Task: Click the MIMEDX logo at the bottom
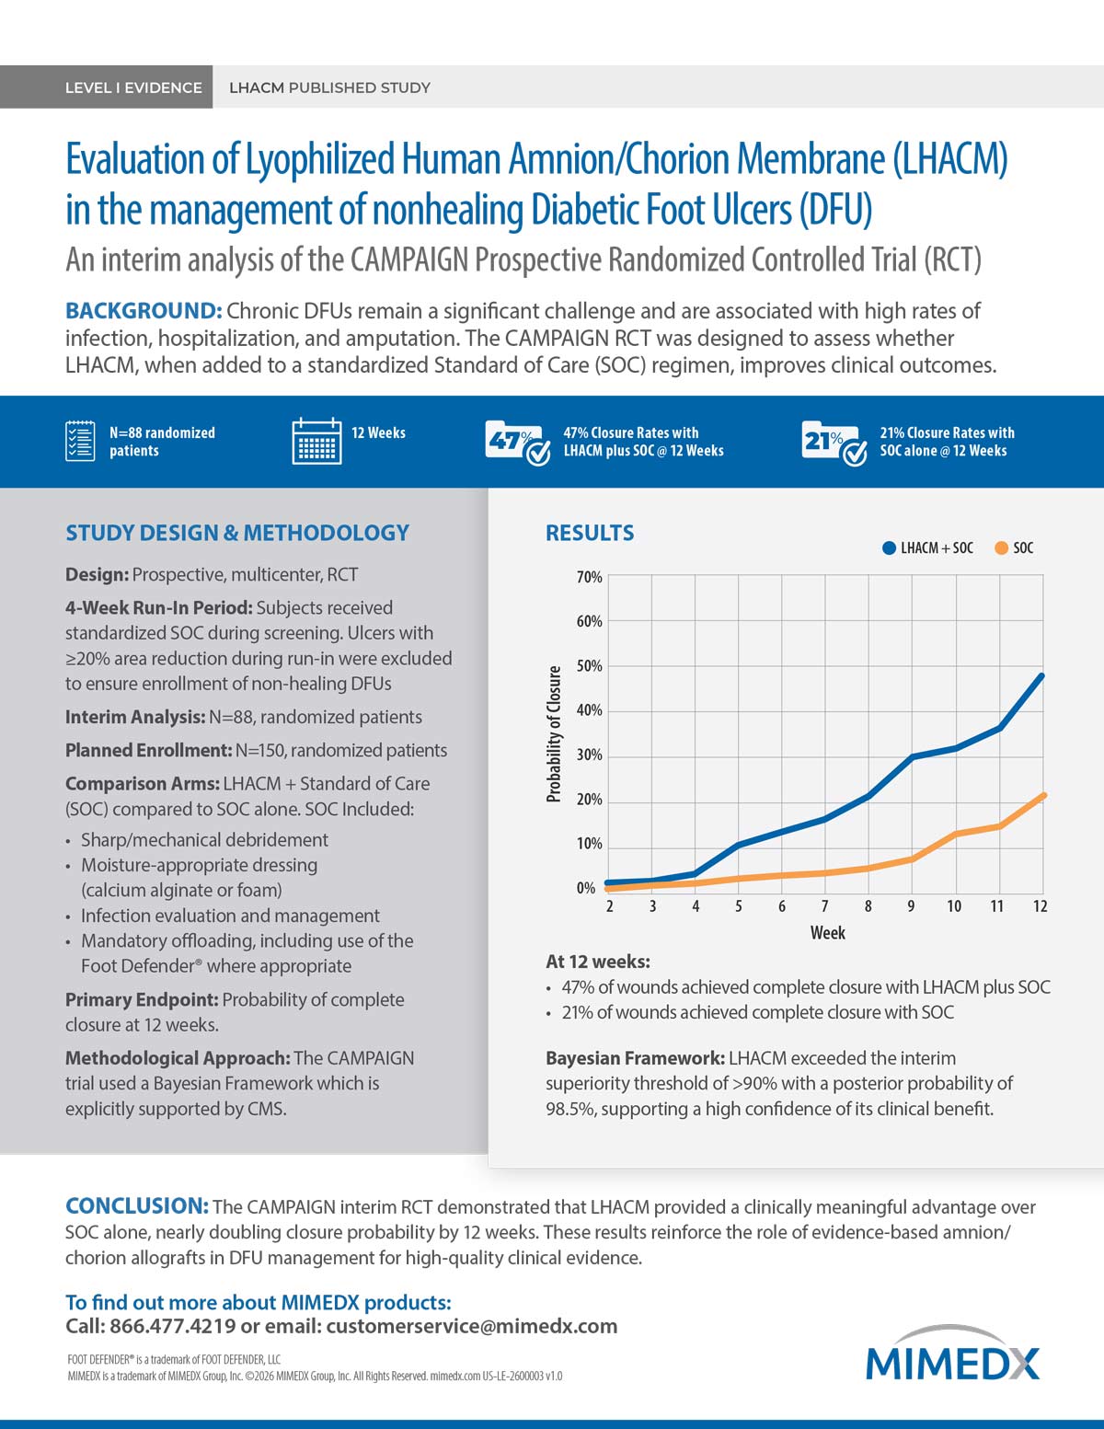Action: click(x=952, y=1355)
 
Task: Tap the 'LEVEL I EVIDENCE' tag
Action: click(x=133, y=87)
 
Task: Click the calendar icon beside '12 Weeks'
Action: click(x=316, y=441)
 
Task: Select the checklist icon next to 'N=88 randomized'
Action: click(x=80, y=441)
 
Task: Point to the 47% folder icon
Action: click(x=517, y=443)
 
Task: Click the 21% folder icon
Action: click(x=834, y=443)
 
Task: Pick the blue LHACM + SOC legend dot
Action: click(x=889, y=547)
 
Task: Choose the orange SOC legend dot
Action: click(x=1002, y=547)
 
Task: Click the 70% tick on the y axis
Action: click(x=589, y=577)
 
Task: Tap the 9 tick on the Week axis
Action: click(x=911, y=906)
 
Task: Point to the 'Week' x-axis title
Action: click(x=827, y=932)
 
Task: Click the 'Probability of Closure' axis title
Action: click(x=554, y=734)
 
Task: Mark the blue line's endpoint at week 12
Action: click(x=1041, y=675)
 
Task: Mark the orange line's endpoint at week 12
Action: click(x=1043, y=796)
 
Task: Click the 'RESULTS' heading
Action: click(x=590, y=533)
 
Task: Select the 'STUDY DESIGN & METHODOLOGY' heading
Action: click(x=237, y=533)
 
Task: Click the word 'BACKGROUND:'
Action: click(x=144, y=310)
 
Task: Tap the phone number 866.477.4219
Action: click(x=173, y=1326)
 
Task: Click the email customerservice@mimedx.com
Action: click(x=471, y=1326)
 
